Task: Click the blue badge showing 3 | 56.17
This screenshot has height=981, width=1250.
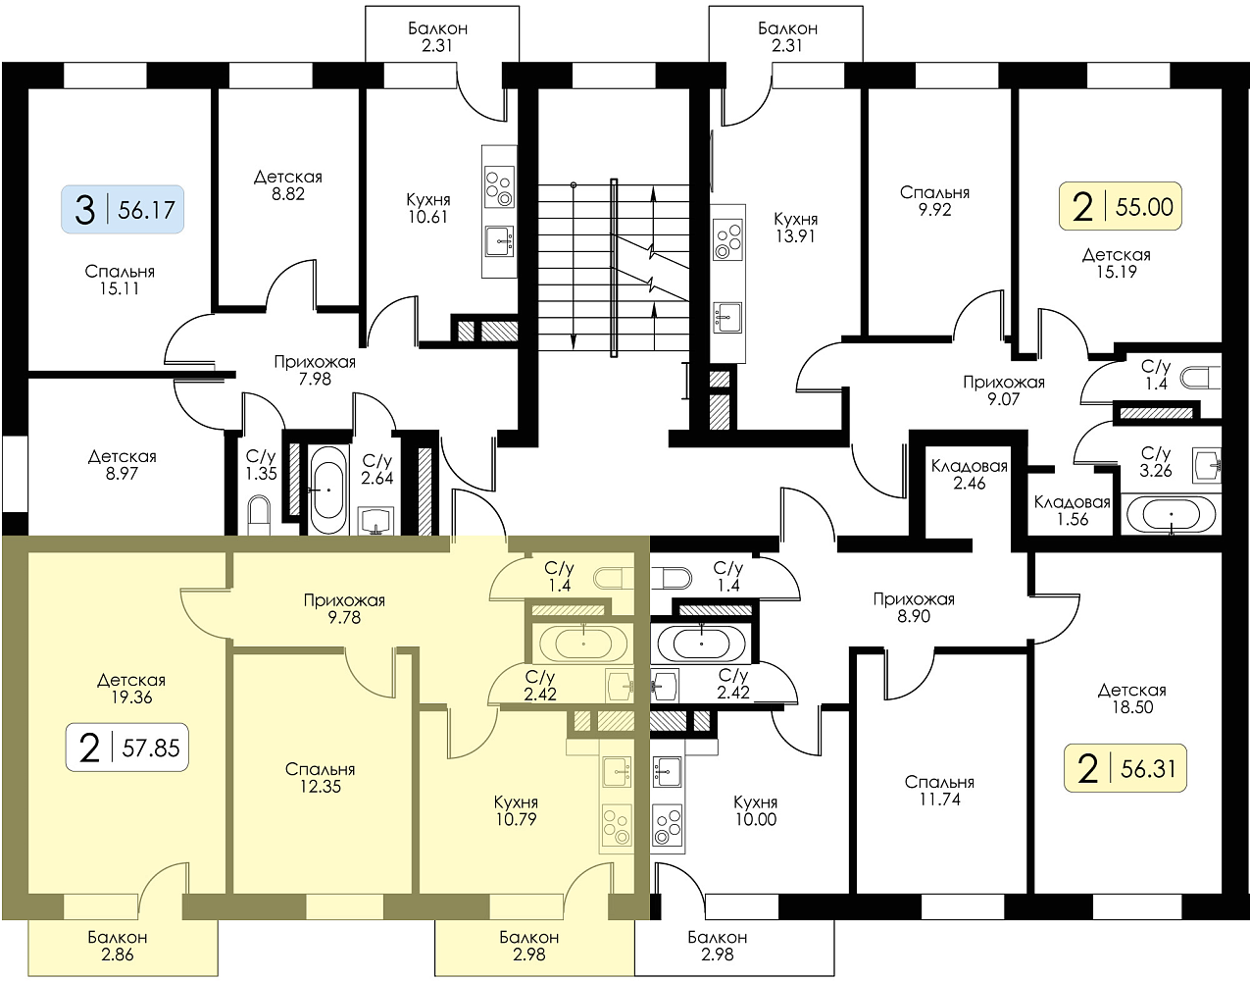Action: click(123, 209)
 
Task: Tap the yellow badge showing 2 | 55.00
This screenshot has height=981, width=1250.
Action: click(1121, 206)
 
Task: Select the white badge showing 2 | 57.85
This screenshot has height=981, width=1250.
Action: click(127, 748)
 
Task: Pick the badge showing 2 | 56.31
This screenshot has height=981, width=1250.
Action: click(1125, 768)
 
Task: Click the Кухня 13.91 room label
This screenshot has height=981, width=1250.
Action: click(795, 228)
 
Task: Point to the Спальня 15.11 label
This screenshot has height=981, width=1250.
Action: click(120, 280)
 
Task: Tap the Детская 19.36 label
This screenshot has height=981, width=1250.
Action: click(131, 689)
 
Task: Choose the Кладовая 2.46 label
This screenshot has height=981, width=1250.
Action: click(970, 475)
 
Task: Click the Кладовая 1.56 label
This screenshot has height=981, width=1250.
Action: click(1073, 511)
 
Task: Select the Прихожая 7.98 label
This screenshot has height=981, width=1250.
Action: click(315, 371)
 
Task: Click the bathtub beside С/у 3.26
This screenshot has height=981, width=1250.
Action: click(1172, 515)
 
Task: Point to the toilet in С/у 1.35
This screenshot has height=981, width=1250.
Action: click(258, 516)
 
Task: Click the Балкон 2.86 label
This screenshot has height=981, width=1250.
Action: click(118, 946)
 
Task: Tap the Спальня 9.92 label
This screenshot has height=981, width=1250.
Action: click(934, 201)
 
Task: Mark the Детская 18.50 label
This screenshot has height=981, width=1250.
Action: click(1132, 698)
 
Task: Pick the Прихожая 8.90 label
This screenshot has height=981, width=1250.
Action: click(914, 607)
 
